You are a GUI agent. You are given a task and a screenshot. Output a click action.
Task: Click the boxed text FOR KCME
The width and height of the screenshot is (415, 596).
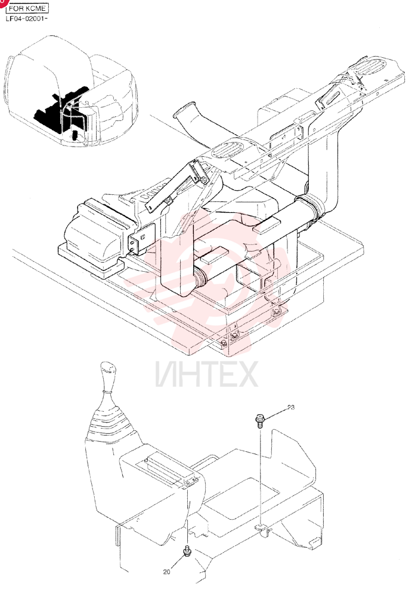(x=27, y=8)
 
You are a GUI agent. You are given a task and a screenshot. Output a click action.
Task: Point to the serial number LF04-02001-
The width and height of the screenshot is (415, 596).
(x=26, y=18)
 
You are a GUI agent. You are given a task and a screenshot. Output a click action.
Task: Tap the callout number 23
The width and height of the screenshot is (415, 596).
(x=290, y=408)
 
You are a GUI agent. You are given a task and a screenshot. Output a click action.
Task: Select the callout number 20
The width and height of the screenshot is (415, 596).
(x=166, y=572)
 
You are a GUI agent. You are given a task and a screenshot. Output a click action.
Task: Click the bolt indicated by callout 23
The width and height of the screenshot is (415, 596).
(x=259, y=421)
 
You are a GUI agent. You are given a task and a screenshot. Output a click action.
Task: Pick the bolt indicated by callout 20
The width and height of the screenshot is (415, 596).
(x=187, y=551)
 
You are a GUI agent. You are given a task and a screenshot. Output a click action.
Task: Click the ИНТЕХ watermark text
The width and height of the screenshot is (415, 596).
(x=207, y=374)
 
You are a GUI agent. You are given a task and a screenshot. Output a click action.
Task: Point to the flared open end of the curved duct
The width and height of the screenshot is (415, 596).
(x=184, y=110)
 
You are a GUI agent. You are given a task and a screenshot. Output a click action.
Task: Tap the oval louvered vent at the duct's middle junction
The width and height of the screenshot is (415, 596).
(x=228, y=149)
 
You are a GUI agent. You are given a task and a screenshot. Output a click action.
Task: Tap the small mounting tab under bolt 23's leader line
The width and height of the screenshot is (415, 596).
(x=263, y=528)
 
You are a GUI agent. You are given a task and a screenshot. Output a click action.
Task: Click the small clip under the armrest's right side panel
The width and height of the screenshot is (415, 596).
(x=315, y=542)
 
